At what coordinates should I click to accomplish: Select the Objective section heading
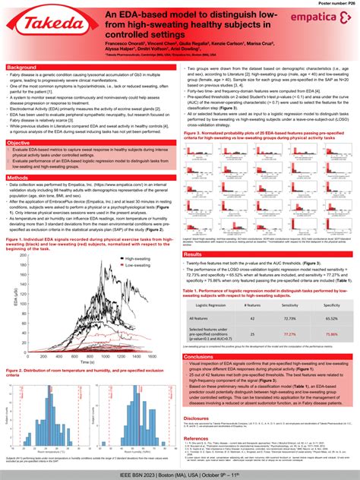[x=19, y=143]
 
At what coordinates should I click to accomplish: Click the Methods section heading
[x=18, y=178]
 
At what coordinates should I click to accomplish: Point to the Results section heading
[x=194, y=254]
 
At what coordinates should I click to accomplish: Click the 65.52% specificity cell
[x=331, y=318]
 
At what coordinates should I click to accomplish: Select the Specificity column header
[x=331, y=304]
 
